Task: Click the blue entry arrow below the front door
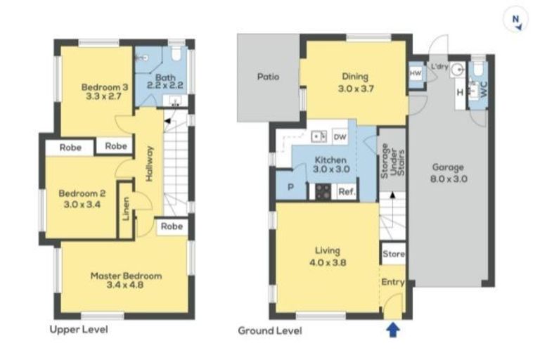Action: [393, 329]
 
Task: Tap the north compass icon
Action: [515, 20]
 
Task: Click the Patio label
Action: [269, 77]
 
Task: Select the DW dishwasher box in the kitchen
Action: [340, 137]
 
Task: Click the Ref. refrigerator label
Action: [347, 191]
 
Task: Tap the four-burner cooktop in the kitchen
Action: [323, 191]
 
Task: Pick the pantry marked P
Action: [291, 186]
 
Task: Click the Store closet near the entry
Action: [393, 254]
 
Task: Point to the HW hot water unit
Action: [416, 73]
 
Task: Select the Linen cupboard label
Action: [126, 209]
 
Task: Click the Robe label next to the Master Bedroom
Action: [172, 226]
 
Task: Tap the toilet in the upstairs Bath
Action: [176, 53]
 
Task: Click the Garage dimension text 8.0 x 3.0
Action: [449, 179]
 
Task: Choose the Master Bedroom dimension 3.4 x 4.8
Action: [125, 285]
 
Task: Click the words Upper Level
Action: [79, 329]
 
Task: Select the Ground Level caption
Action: [270, 330]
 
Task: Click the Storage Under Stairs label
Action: [392, 161]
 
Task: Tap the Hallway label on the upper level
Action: [149, 164]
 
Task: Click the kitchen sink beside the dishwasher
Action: [319, 136]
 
